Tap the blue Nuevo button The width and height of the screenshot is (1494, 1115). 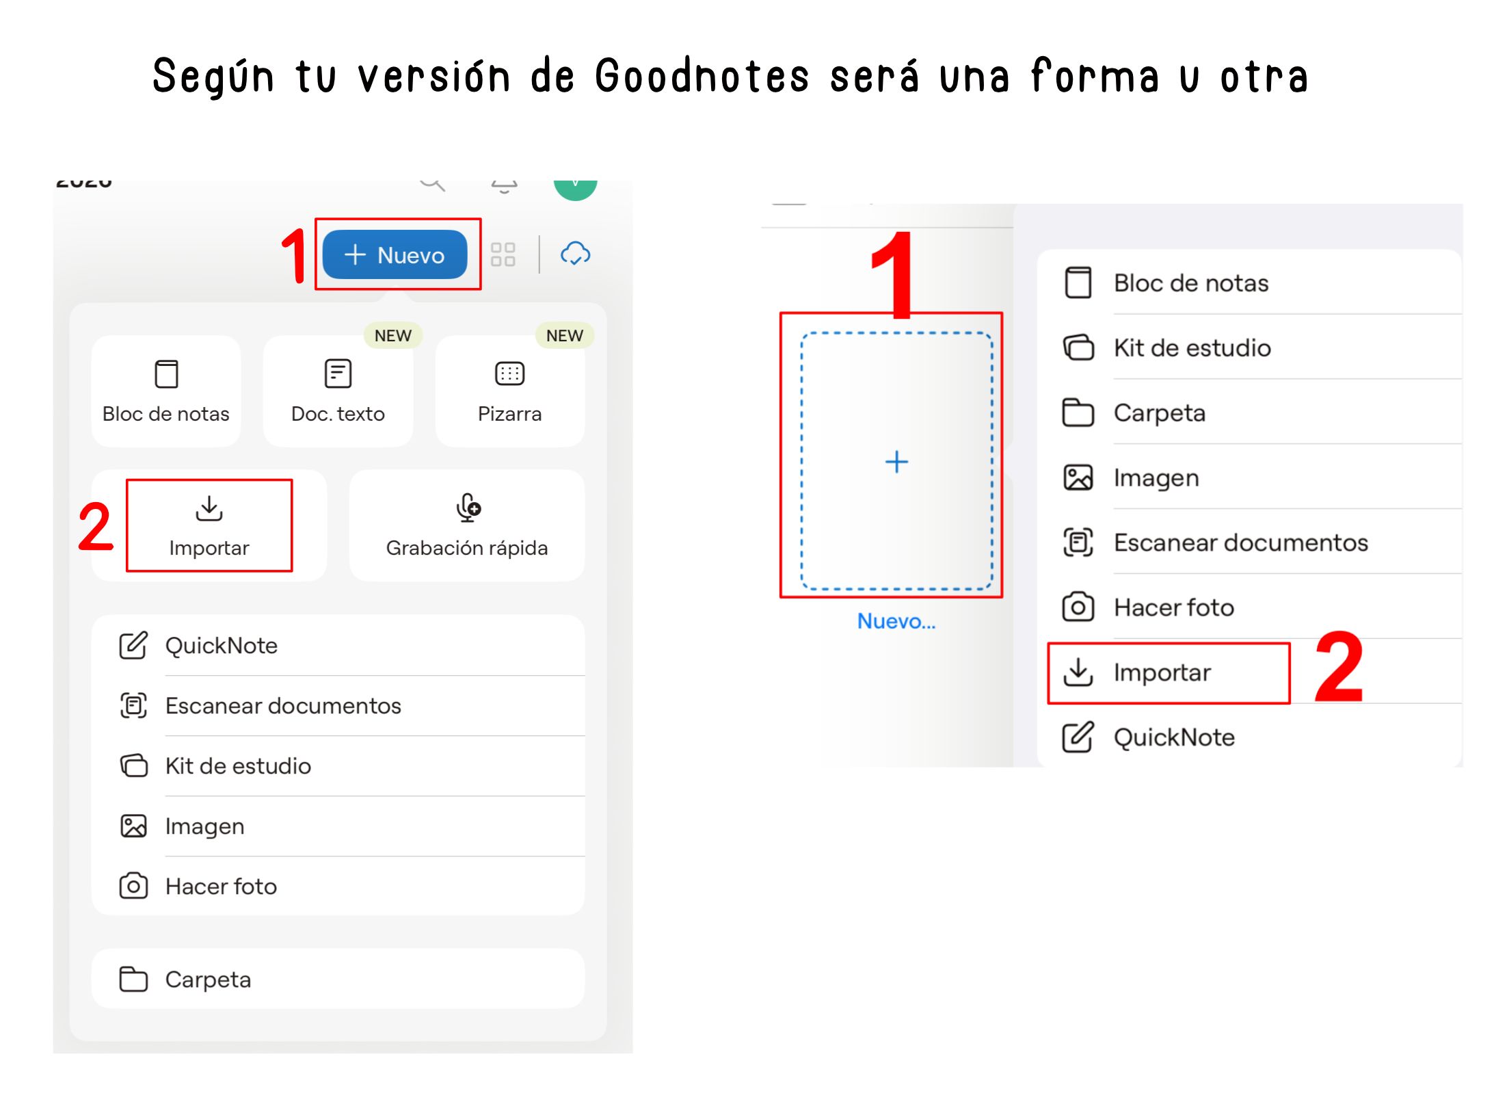pos(395,254)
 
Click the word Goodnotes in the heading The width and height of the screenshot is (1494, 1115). pos(702,77)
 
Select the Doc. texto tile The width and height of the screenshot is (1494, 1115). pos(338,391)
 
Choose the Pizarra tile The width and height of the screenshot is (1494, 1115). pos(509,391)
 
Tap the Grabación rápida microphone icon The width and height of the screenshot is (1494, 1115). pos(468,508)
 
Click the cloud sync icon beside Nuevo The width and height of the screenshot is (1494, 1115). pos(576,253)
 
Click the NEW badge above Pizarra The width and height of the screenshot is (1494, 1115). pos(565,335)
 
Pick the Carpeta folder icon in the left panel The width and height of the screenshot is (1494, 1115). pos(133,979)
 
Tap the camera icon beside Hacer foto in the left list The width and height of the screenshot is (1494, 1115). pos(133,886)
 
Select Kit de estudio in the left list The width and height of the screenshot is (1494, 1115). pos(238,765)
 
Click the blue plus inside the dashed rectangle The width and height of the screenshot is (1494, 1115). pos(896,462)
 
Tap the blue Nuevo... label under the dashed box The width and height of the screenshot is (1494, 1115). pos(896,621)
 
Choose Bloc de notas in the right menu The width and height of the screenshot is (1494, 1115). pos(1191,283)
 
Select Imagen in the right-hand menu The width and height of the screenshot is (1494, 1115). pos(1156,478)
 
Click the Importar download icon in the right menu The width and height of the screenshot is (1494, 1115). pos(1078,672)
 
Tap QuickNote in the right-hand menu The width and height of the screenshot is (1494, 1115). pos(1174,737)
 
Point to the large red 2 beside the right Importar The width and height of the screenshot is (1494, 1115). pos(1339,667)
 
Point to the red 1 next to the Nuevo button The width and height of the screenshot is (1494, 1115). pos(295,255)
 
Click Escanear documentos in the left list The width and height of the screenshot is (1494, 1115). pos(283,705)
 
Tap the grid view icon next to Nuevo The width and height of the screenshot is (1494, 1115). pos(503,254)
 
